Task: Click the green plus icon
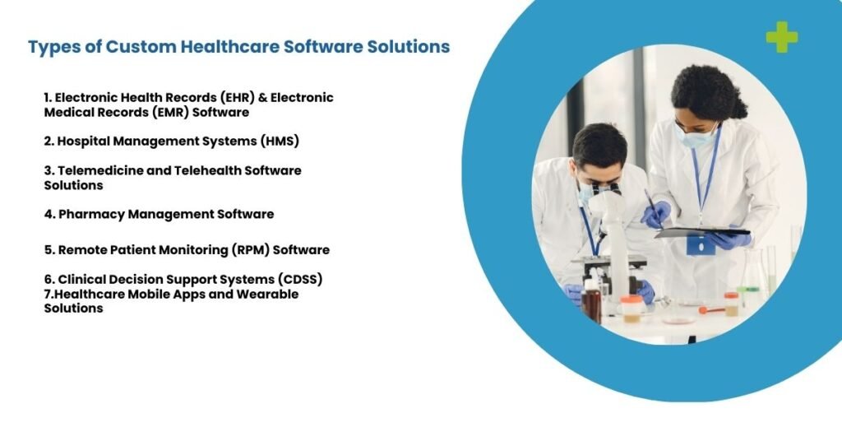point(781,37)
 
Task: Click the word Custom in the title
point(141,47)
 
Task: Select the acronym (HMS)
point(280,142)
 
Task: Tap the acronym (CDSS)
point(299,279)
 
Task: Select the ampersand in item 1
point(262,98)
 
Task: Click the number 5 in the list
point(49,250)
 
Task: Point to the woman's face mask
point(696,138)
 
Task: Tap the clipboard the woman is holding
point(702,232)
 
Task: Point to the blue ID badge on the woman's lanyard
point(701,245)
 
